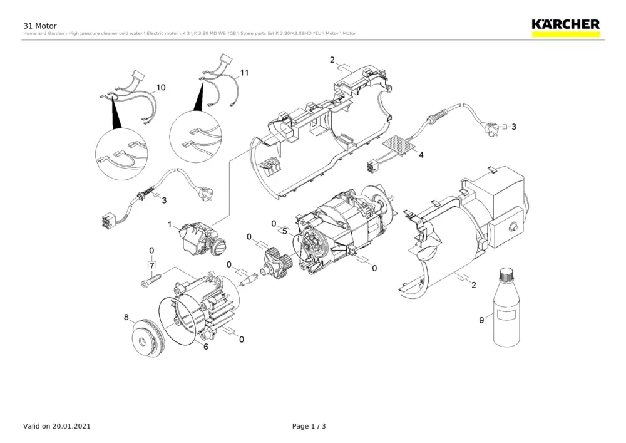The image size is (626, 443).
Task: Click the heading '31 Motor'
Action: coord(40,26)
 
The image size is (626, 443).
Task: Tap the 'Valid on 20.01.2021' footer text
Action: coord(57,426)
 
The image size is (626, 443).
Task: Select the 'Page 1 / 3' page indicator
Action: coord(309,426)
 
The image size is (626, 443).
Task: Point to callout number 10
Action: coord(161,88)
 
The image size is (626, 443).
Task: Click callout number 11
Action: coord(244,73)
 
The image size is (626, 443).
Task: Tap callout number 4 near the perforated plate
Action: coord(421,154)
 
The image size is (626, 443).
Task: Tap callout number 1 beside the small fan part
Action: coord(170,224)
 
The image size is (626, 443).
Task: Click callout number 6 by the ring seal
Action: coord(205,345)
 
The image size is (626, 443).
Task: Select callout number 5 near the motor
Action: coord(285,231)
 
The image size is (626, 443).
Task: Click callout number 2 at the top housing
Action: coord(332,61)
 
